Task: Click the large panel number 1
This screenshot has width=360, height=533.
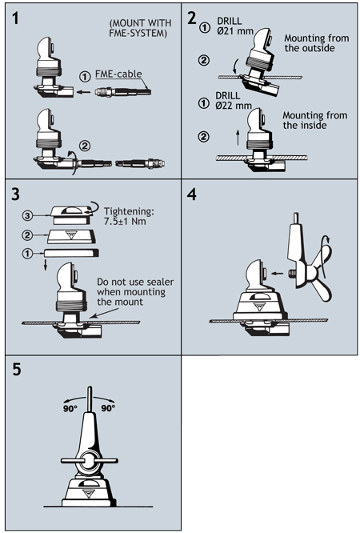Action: (15, 18)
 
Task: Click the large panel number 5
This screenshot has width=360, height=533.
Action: (17, 369)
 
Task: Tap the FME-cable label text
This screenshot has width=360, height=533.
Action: (118, 74)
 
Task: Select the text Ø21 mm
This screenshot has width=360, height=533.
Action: (234, 31)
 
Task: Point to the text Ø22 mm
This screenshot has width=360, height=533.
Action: (234, 106)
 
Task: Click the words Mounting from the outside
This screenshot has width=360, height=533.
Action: (316, 43)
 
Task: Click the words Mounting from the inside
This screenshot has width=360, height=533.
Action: (314, 120)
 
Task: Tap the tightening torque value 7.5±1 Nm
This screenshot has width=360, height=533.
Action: (125, 222)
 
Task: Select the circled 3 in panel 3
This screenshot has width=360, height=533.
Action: (28, 215)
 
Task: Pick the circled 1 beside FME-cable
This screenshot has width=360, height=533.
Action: (85, 77)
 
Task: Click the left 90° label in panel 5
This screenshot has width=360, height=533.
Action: (70, 408)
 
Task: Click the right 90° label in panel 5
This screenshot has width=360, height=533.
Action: (108, 408)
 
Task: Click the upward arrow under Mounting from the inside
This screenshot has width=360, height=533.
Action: (238, 138)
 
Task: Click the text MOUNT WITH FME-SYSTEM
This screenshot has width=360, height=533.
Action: (140, 28)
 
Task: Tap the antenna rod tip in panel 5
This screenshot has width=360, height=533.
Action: (90, 387)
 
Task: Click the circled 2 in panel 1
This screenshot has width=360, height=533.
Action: (85, 146)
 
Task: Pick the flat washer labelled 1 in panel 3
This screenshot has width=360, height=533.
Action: (71, 253)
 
